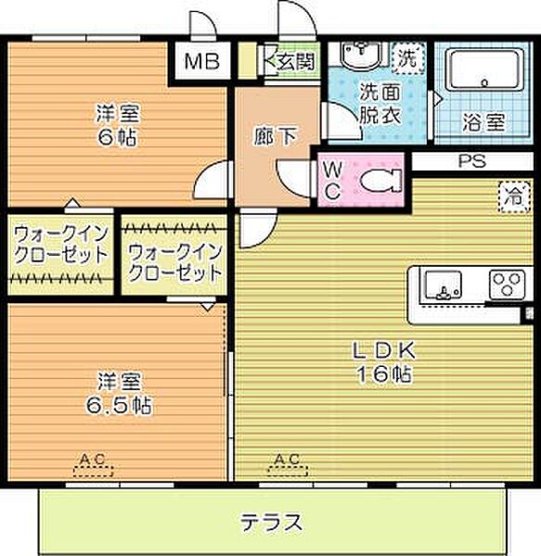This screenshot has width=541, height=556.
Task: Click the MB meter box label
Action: coord(200,62)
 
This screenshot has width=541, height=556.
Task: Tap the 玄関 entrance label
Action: coord(294,62)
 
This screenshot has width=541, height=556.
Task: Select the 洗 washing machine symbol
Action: coord(406,57)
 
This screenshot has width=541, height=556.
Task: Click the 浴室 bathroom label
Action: coord(483,120)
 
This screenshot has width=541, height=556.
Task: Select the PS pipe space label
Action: coord(471,160)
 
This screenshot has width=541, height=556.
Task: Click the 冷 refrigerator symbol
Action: coord(511,196)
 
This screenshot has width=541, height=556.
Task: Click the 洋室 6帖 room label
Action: coord(118,124)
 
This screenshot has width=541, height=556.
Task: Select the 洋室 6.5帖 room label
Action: coord(118,394)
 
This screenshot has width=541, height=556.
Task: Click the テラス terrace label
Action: coord(272,522)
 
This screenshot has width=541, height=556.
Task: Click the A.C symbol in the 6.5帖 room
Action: coord(91,463)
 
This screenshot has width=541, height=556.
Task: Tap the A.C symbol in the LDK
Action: coord(288,463)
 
